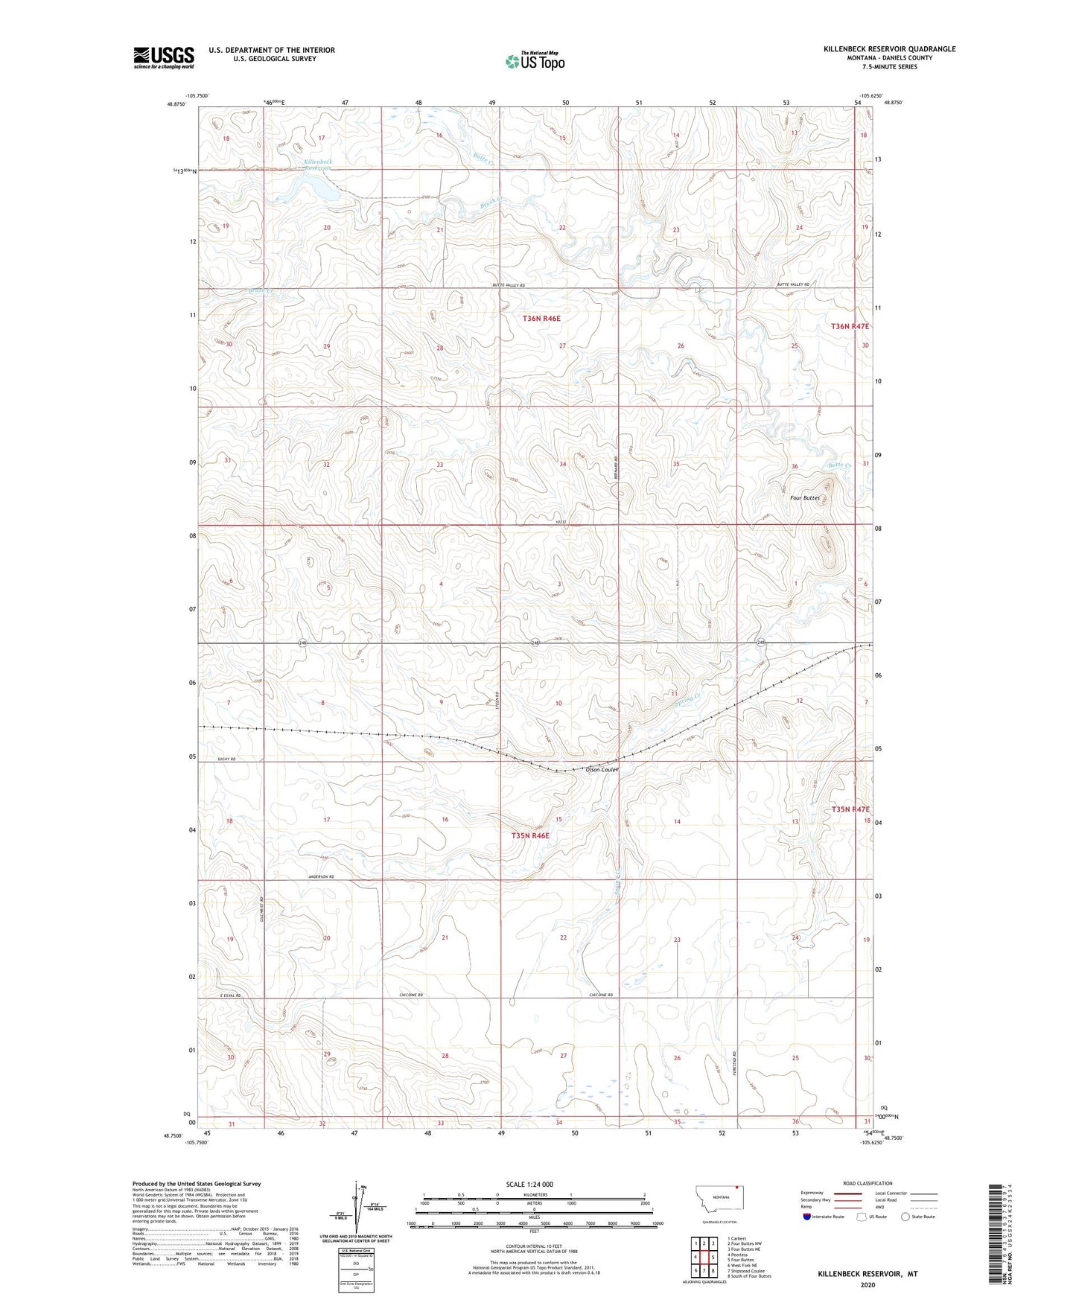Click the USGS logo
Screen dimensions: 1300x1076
point(164,57)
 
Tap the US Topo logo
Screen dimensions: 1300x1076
point(535,61)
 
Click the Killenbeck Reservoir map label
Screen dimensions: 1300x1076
point(318,165)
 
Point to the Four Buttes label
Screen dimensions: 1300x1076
point(805,497)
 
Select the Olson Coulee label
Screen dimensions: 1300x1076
point(602,769)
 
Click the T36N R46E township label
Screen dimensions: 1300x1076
point(541,318)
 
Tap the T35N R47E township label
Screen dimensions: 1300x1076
point(850,809)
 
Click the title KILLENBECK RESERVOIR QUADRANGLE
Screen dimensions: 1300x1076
point(889,49)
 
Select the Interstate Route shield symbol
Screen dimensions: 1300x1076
point(807,1217)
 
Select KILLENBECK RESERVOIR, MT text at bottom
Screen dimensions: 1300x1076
point(868,1274)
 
